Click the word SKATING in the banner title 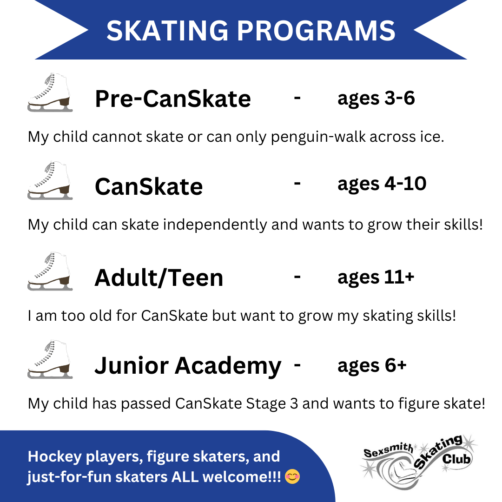tap(167, 31)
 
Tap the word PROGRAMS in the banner tap(316, 31)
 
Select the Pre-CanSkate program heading tap(173, 99)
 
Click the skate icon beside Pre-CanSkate tap(50, 92)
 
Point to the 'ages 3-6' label tap(376, 99)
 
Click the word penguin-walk tap(318, 137)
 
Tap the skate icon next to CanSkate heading tap(50, 180)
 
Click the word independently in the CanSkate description tap(215, 225)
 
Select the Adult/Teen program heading tap(159, 277)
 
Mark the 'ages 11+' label tap(376, 277)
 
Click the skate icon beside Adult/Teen tap(50, 271)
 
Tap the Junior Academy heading tap(188, 366)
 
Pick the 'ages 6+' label tap(372, 366)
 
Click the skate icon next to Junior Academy tap(50, 359)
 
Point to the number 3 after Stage tap(294, 403)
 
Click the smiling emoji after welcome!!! tap(292, 476)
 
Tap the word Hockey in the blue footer tap(55, 457)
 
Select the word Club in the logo tap(456, 459)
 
